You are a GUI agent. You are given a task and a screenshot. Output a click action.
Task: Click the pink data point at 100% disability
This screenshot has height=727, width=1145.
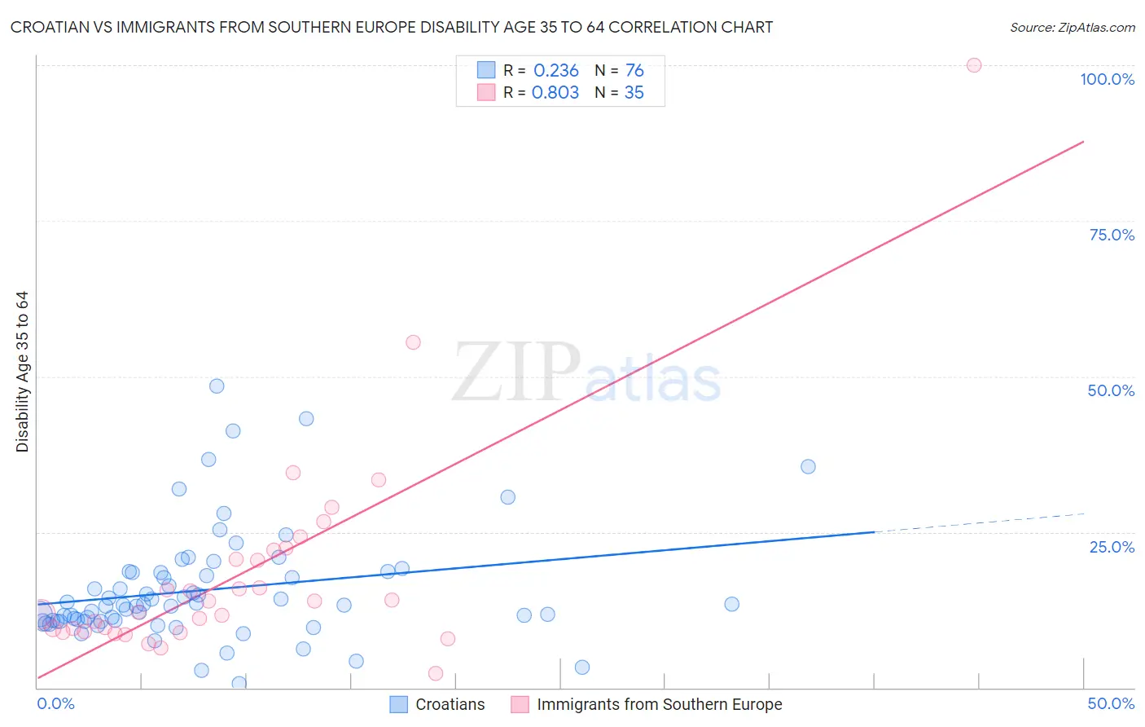click(x=974, y=65)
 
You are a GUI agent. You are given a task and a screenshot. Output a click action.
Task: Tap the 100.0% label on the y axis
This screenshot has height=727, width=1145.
click(x=1107, y=79)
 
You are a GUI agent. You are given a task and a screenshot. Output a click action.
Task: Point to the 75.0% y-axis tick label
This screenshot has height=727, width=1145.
click(x=1112, y=235)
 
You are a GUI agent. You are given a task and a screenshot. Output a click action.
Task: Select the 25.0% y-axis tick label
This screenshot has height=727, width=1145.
click(x=1112, y=546)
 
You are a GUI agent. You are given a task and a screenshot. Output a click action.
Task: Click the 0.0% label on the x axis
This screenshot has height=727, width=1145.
click(x=55, y=703)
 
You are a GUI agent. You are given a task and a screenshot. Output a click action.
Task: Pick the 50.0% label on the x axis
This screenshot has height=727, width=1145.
click(x=1111, y=703)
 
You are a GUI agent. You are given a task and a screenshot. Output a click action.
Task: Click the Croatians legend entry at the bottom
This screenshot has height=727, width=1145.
click(x=450, y=704)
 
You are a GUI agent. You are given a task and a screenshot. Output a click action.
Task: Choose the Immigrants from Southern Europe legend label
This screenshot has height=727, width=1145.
click(x=659, y=704)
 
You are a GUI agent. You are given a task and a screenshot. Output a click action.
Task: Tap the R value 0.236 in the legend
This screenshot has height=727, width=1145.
click(x=555, y=71)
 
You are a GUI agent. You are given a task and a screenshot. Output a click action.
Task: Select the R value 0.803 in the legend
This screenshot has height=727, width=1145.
click(x=555, y=93)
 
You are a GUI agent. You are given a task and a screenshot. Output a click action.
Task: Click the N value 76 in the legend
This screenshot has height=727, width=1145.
click(x=634, y=71)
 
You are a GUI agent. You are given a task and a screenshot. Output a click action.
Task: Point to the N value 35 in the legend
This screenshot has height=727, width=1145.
click(x=634, y=93)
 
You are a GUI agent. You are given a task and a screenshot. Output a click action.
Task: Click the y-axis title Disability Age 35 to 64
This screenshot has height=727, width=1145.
click(x=22, y=372)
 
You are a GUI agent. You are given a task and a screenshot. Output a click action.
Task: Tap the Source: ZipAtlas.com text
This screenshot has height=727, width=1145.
click(x=1072, y=28)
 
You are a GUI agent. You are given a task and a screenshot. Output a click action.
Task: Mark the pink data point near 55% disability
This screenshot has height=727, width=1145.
click(x=413, y=342)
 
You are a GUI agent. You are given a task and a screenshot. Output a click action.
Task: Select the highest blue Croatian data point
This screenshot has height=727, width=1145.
click(x=217, y=386)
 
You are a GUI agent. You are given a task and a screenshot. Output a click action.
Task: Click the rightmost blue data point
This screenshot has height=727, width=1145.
click(x=808, y=467)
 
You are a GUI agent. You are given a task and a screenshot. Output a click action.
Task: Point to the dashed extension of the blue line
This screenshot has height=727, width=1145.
click(x=977, y=522)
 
